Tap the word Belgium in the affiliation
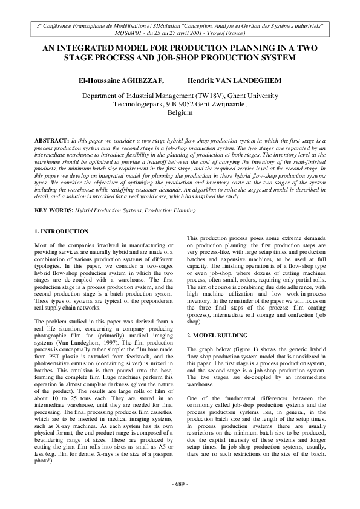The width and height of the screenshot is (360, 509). (180, 113)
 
